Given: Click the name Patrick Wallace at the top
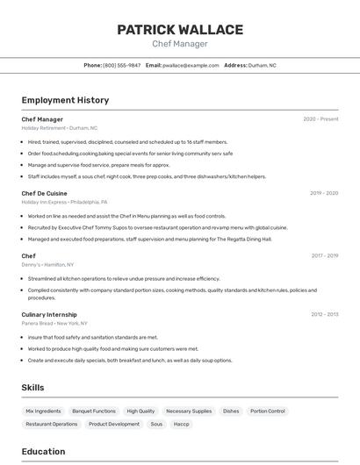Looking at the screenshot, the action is coord(180,30).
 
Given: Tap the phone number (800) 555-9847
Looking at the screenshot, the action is coord(121,65).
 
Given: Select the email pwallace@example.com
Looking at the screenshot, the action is coord(191,65).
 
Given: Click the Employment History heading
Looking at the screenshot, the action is coord(65,100).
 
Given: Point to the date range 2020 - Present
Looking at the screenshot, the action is coord(320,119).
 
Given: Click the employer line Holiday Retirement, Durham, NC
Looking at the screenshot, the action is coord(60,128).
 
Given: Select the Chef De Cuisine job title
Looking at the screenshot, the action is coord(44,193).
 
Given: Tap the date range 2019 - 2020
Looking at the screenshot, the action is coord(324,193).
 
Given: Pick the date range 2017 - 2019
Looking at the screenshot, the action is coord(324,256).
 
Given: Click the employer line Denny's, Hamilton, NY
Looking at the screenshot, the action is coord(47,264).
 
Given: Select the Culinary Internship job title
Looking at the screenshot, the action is coord(49,314).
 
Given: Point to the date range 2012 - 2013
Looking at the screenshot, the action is coord(324,314).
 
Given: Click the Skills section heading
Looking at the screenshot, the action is coord(33,387).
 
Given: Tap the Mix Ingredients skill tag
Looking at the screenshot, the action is coord(43,411).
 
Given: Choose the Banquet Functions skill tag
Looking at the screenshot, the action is coord(94,411).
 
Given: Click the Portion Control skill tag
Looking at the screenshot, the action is coord(267,411).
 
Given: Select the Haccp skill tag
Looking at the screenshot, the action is coord(181,424).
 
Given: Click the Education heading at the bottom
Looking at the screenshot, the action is coord(43,452).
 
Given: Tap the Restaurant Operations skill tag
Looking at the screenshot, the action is coord(52,424).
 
